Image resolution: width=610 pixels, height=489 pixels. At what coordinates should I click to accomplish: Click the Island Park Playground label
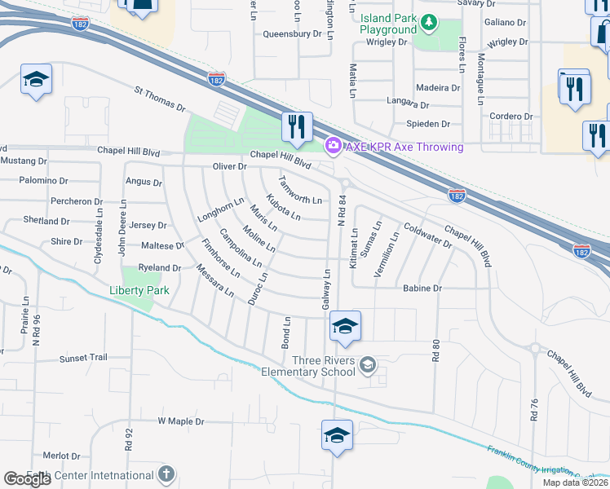pyautogui.click(x=388, y=24)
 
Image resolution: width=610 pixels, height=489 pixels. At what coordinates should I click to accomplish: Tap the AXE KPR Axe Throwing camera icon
pyautogui.click(x=333, y=146)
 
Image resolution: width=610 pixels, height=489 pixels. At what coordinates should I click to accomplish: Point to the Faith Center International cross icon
pyautogui.click(x=166, y=474)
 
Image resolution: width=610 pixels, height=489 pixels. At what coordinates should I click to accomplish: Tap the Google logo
pyautogui.click(x=27, y=479)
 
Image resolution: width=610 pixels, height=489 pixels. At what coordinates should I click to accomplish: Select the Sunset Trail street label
pyautogui.click(x=83, y=358)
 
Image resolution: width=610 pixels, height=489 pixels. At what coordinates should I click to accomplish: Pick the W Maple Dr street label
pyautogui.click(x=180, y=421)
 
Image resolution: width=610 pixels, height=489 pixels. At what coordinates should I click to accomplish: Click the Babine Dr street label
pyautogui.click(x=422, y=289)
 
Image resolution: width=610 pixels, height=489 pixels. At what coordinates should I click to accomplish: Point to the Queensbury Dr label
pyautogui.click(x=292, y=34)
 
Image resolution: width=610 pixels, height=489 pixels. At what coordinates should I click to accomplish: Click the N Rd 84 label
pyautogui.click(x=342, y=211)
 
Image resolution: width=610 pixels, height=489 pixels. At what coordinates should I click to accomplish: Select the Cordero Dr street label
pyautogui.click(x=511, y=117)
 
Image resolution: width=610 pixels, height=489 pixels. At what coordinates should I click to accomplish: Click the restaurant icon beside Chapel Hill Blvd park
pyautogui.click(x=296, y=126)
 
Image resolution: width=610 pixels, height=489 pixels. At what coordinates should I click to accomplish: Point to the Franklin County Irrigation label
pyautogui.click(x=542, y=464)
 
